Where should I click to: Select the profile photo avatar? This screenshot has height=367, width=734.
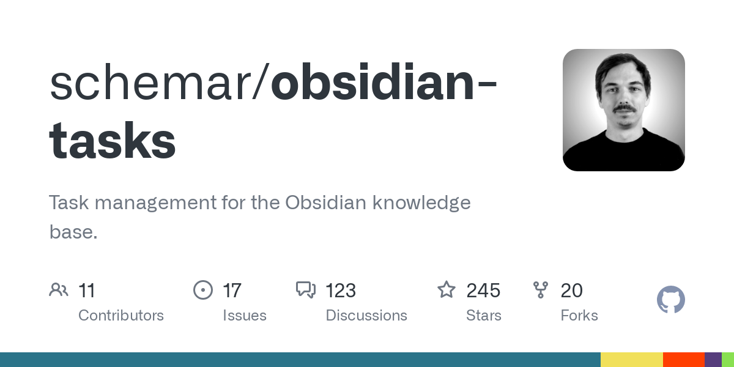(623, 110)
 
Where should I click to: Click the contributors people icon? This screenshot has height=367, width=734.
(59, 290)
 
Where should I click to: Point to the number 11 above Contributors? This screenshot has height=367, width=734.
(87, 291)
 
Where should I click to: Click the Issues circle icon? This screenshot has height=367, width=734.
(203, 290)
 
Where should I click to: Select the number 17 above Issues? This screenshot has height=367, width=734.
(232, 291)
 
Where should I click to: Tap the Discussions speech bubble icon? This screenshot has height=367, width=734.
(306, 290)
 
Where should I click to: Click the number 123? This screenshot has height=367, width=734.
(341, 291)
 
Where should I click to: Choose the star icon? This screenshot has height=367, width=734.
(447, 290)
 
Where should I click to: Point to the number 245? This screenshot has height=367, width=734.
(483, 291)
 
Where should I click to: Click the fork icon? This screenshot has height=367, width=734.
(541, 290)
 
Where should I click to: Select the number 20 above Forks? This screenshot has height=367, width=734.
(572, 291)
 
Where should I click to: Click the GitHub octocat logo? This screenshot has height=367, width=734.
(671, 300)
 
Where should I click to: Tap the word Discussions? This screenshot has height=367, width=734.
(366, 316)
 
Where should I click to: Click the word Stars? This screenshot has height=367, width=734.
(484, 316)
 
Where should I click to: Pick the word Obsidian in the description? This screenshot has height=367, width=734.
(325, 202)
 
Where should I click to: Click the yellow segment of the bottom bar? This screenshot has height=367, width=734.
(632, 360)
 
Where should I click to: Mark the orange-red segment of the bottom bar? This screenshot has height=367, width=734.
(684, 360)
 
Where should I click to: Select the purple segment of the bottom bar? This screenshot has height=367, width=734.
(713, 360)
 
